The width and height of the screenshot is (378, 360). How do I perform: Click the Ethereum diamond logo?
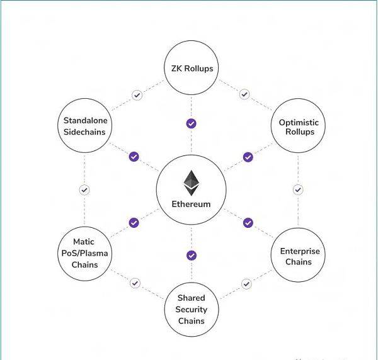coord(192,183)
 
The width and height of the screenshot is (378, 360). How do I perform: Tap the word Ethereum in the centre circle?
coord(191,204)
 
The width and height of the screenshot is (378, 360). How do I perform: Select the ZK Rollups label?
coord(192,69)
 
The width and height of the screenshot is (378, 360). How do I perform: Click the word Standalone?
coord(85,120)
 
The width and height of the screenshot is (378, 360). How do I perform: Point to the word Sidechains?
coord(84,132)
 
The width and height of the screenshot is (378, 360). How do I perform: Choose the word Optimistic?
coord(299,123)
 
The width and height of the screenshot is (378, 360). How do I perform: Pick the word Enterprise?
coord(300,251)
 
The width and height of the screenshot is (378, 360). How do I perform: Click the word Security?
coord(192,310)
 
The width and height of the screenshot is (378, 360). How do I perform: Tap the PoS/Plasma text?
coord(84,254)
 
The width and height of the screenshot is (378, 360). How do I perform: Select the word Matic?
coord(84,242)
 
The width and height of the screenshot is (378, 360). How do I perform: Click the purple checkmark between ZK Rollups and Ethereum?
coord(192,123)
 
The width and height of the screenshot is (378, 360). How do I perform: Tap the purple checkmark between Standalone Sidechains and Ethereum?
coord(134,157)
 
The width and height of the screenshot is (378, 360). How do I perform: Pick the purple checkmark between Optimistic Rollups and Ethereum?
coord(248,157)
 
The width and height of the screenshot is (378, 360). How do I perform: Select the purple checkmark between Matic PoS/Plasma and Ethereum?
coord(134,223)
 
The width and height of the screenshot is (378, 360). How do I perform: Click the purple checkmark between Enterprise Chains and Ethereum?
coord(248,223)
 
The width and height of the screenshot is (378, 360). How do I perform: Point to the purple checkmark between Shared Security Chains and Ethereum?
coord(192,256)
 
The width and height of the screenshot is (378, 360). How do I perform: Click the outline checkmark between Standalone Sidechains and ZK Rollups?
coord(137,95)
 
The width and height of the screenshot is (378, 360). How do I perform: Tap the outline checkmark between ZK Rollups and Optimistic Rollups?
coord(244,94)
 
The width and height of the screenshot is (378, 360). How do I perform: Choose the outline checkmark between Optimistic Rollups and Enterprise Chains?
coord(298,189)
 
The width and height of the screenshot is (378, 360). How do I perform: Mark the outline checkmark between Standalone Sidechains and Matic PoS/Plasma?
coord(84,190)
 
